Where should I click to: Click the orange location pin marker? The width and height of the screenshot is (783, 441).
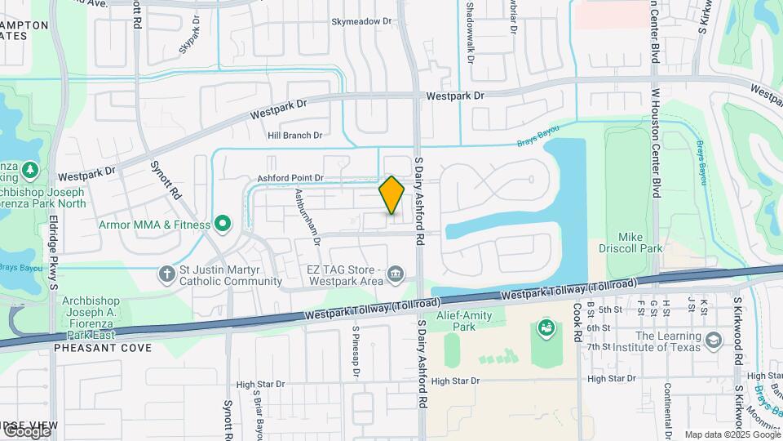click(x=391, y=195)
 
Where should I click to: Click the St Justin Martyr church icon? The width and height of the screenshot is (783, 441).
click(x=167, y=274)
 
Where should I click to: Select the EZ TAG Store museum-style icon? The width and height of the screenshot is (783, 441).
click(x=396, y=273)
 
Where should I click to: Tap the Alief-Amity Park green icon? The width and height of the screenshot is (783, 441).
click(x=546, y=329)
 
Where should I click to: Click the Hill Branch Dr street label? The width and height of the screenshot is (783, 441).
click(x=295, y=136)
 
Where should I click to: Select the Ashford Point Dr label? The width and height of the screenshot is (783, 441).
click(x=291, y=177)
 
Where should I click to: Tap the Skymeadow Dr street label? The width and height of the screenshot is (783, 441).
click(x=361, y=23)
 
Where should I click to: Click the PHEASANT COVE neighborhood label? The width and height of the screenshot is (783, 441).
click(x=103, y=348)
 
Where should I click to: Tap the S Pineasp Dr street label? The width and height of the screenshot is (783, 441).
click(x=356, y=352)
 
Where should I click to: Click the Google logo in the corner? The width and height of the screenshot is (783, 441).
click(x=26, y=431)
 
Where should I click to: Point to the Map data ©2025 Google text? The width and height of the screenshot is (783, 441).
click(x=732, y=434)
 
